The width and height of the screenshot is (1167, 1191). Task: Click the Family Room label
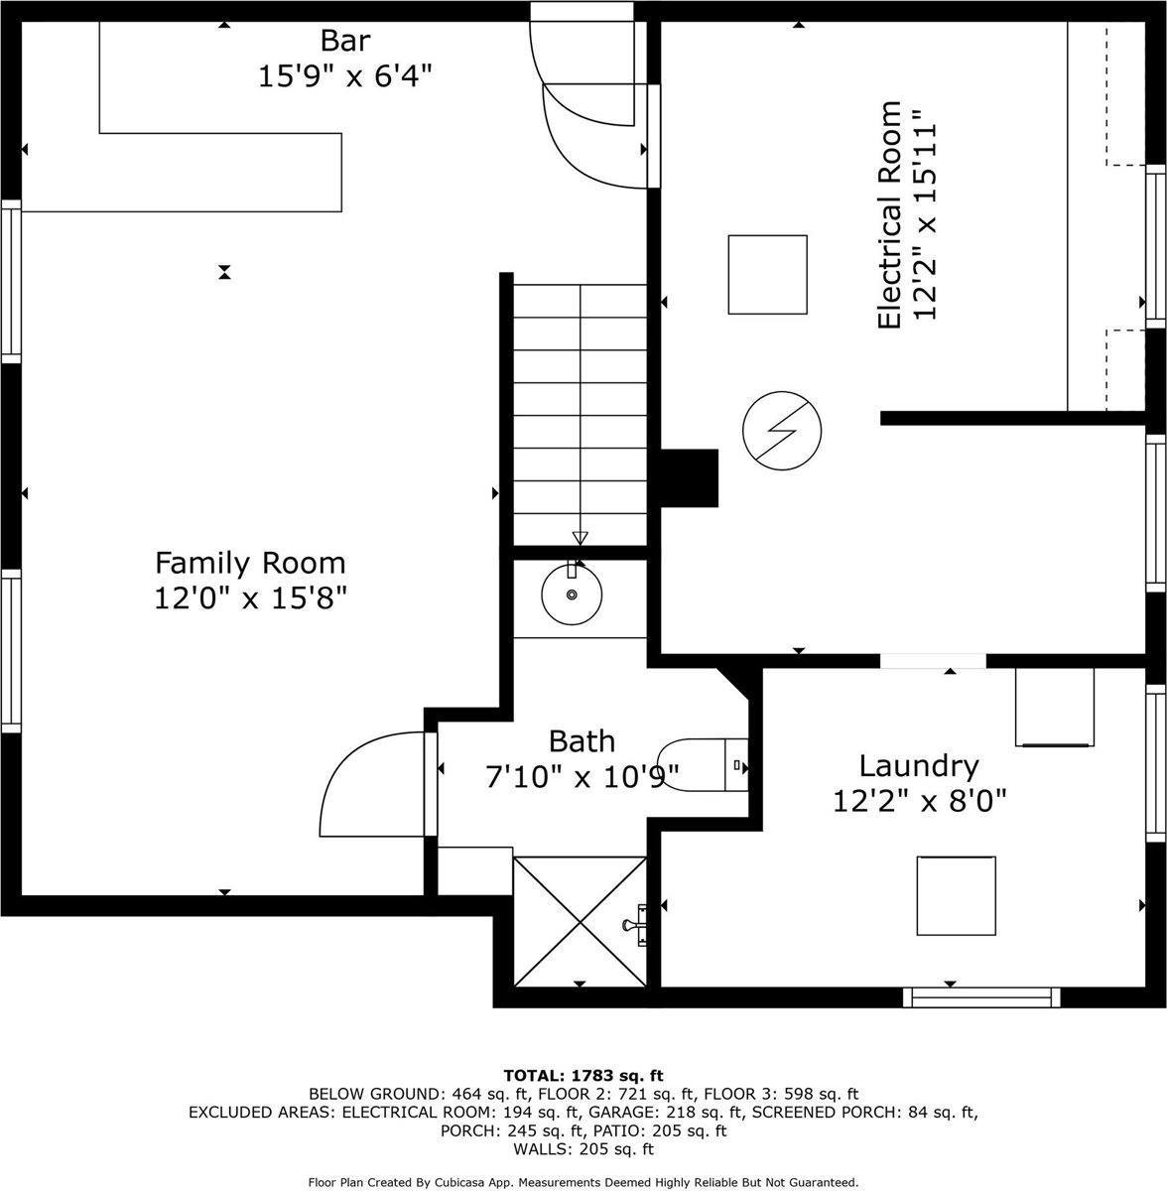point(250,563)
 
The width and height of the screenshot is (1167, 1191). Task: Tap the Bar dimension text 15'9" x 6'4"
point(345,77)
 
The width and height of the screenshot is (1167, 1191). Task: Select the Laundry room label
point(919,766)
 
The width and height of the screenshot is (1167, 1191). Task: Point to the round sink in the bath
point(572,594)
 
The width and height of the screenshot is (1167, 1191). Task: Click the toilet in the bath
point(703,765)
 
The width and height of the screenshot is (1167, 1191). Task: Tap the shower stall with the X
point(580,921)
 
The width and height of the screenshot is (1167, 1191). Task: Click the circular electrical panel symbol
point(782,430)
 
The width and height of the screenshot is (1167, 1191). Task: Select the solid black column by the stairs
point(690,477)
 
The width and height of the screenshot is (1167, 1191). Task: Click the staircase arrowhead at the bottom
point(580,538)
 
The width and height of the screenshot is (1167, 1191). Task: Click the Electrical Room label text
point(889,214)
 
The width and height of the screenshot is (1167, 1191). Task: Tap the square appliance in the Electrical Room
point(768,274)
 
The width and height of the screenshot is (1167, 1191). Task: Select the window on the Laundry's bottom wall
point(981,996)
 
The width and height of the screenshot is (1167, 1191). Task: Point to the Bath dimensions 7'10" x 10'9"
point(583,777)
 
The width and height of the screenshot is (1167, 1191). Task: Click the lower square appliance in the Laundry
point(957,895)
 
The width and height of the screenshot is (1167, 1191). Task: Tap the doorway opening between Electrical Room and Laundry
point(933,661)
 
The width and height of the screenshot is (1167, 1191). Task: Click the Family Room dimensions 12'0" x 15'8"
point(250,598)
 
